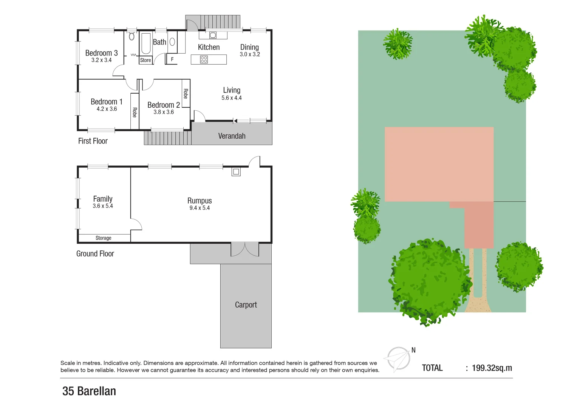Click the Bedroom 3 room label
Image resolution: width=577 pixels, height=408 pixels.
(x=101, y=53)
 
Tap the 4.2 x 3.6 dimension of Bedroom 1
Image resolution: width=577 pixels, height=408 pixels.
(x=107, y=109)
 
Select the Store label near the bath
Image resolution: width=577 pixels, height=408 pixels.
(x=145, y=60)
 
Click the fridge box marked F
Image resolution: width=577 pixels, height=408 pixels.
(x=172, y=59)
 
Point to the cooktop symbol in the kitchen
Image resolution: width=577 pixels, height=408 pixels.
(x=204, y=59)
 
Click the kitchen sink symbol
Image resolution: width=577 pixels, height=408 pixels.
(x=213, y=35)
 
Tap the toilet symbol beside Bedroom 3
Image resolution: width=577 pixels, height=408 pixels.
(x=131, y=37)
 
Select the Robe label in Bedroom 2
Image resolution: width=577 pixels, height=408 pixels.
(x=186, y=93)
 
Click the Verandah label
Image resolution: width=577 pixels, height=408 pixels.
(x=232, y=136)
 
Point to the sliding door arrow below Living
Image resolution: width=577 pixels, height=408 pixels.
(x=235, y=121)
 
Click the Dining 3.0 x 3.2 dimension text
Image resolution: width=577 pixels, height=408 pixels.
(x=250, y=54)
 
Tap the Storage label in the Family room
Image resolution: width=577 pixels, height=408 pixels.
(x=103, y=238)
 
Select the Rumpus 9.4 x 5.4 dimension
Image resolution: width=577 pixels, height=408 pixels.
(x=200, y=208)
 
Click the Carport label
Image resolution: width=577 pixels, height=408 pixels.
(x=246, y=305)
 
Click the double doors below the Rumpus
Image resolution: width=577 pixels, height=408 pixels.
(x=245, y=250)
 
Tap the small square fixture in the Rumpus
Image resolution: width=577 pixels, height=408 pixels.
(x=236, y=172)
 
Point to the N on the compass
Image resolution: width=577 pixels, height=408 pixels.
(x=413, y=350)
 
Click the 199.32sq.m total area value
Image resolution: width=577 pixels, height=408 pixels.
(x=492, y=368)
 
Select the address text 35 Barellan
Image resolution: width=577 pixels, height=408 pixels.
(x=89, y=391)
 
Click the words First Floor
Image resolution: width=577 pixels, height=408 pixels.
(x=93, y=141)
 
